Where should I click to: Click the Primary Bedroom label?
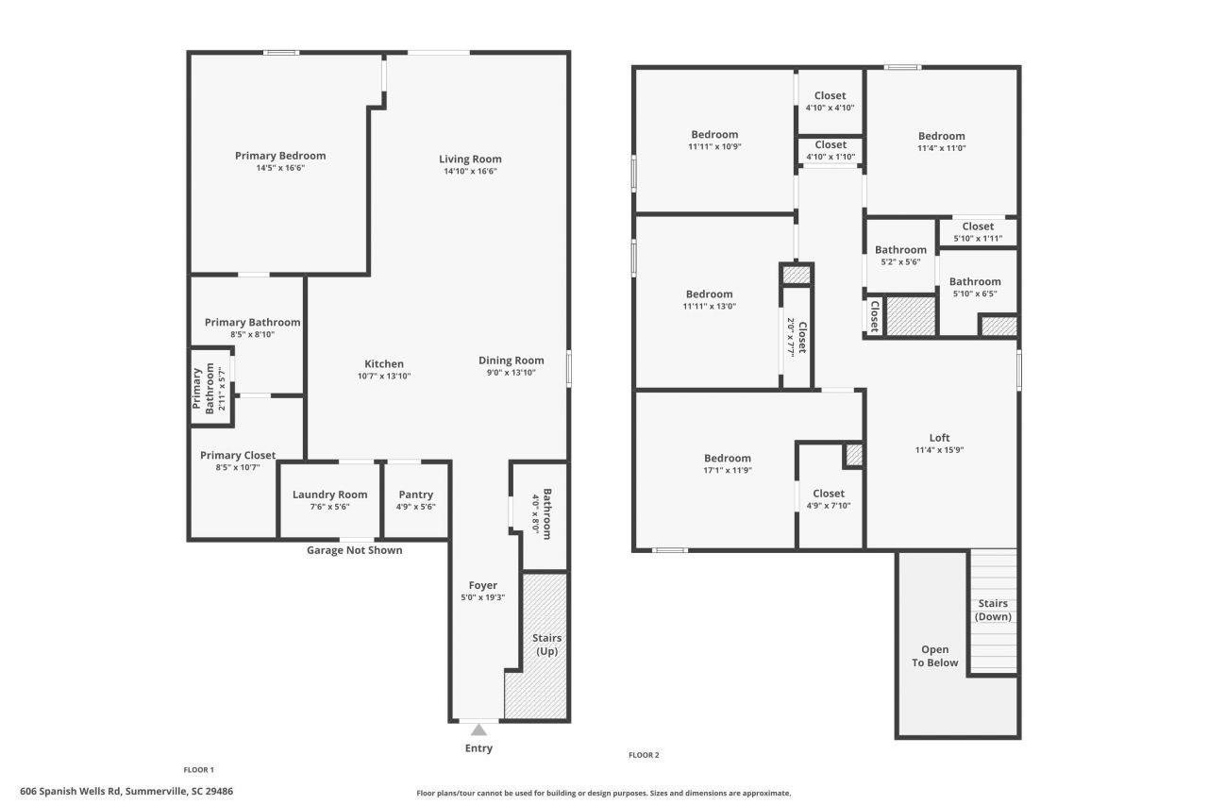point(279,156)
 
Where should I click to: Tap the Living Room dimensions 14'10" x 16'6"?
point(470,172)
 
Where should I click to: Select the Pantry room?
point(415,500)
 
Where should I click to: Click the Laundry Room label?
point(329,495)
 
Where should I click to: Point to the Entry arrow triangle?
point(478,730)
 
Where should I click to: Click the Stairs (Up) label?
point(547,645)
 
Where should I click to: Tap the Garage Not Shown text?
point(354,550)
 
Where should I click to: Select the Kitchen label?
point(384,363)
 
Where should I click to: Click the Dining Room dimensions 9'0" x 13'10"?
point(511,373)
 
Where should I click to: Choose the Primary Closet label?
point(238,455)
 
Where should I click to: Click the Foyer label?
point(482,585)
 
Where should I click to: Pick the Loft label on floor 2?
point(939,437)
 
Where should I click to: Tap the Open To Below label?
point(934,656)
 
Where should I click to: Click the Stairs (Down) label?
point(993,610)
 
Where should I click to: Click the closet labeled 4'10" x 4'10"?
point(830,101)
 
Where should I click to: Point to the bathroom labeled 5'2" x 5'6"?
point(900,256)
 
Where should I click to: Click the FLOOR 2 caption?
point(644,755)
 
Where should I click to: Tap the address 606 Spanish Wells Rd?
point(126,791)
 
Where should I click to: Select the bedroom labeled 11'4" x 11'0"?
point(941,142)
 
